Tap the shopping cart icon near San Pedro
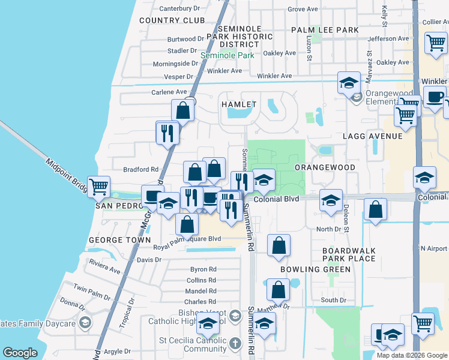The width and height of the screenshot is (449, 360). point(98,185)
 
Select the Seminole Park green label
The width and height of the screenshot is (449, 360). point(228,55)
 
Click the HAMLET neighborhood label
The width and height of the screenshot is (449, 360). point(239,104)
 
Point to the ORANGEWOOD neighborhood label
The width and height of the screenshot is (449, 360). point(325,167)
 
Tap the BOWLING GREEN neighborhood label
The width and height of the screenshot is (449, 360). point(315,269)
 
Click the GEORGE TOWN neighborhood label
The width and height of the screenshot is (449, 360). point(120,240)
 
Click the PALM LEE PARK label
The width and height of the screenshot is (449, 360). point(325,29)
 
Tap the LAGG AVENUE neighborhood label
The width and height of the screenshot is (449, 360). point(372,136)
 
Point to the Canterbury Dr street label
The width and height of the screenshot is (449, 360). point(179,8)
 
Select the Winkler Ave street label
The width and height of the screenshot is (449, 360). point(274,76)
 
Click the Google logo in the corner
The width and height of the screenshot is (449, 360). point(20,353)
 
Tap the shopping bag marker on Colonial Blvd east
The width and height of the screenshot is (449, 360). point(375,209)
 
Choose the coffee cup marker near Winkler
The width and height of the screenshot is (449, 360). point(435,96)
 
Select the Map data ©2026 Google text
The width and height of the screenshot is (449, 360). point(412,355)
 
